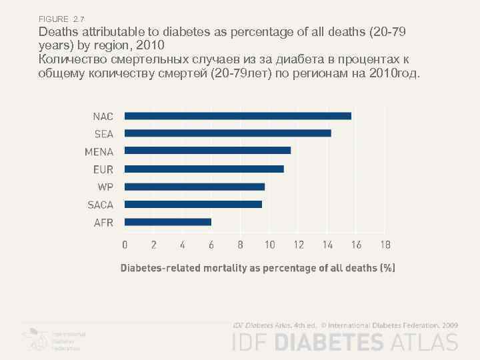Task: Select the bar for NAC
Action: point(237,116)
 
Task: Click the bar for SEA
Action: point(227,133)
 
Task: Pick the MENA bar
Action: point(207,151)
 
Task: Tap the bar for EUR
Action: point(204,169)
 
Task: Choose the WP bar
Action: point(195,187)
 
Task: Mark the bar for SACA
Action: point(193,204)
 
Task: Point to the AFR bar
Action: point(167,222)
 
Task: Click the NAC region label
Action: point(103,116)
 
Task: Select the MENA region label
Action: point(99,151)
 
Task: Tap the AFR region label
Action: point(103,223)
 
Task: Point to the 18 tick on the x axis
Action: point(385,245)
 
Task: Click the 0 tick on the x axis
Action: point(125,245)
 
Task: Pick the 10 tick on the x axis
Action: point(269,245)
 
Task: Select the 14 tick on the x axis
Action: point(327,245)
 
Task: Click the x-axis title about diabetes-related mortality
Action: point(257,268)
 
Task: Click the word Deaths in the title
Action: point(58,32)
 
